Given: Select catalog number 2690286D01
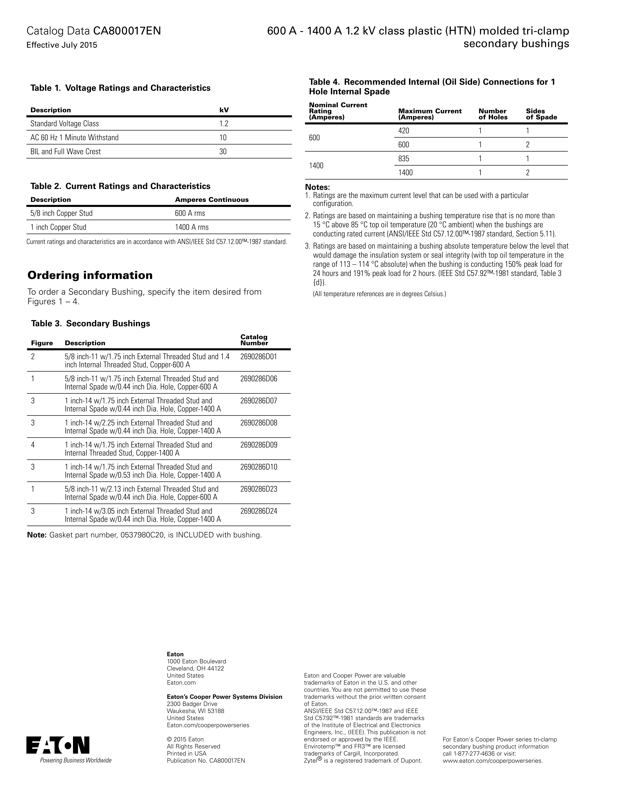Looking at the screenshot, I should click(x=259, y=357).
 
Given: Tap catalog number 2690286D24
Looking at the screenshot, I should click(x=259, y=511).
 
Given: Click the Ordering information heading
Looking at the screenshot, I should click(x=90, y=275).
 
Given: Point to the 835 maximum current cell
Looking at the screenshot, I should click(x=404, y=159).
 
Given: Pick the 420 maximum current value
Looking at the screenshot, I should click(x=404, y=131).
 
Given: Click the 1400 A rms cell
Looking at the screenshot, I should click(x=192, y=227).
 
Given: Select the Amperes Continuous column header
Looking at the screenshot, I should click(x=212, y=200).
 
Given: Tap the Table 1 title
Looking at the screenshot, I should click(x=120, y=88).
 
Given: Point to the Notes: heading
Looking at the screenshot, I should click(x=317, y=187).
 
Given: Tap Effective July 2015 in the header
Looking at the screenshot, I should click(x=62, y=45).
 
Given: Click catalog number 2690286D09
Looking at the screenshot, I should click(x=259, y=445).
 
